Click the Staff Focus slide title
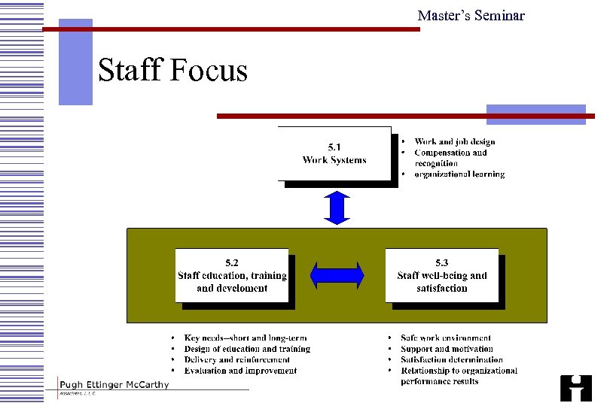pos(172,71)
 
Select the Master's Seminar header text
pos(471,16)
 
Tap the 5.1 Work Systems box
pos(334,153)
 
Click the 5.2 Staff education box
pos(232,275)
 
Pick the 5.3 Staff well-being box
pos(442,275)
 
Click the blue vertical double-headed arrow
pos(337,208)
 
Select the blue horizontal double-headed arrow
pos(337,275)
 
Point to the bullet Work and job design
pos(454,141)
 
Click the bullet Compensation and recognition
pos(450,157)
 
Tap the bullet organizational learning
pos(459,174)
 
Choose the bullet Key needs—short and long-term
pos(246,338)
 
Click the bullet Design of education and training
pos(247,349)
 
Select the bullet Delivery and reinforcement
pos(236,359)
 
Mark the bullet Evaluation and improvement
pos(240,370)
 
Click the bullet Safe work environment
pos(446,338)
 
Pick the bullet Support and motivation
pos(447,349)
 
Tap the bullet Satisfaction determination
pos(452,359)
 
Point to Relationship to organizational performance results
pos(459,375)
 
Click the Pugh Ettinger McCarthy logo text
pos(114,385)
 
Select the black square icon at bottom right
pos(576,388)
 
